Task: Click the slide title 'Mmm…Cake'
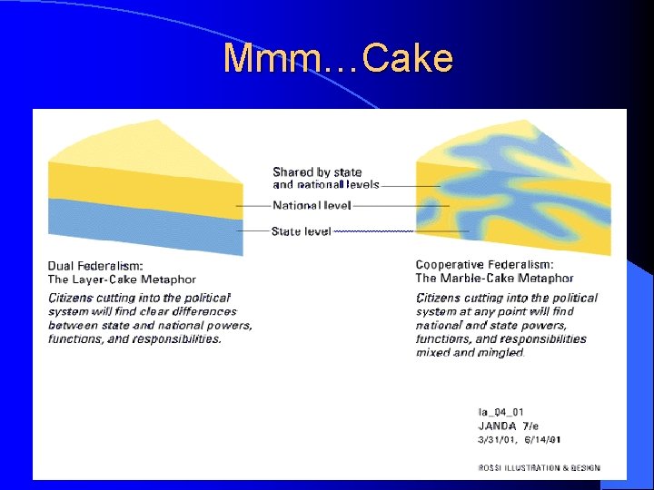[338, 59]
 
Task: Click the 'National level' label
[312, 206]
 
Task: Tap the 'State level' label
[301, 231]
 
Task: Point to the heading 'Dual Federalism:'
[95, 266]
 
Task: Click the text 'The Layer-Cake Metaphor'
[122, 279]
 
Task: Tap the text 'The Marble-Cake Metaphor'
[494, 279]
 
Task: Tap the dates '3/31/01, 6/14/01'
[519, 440]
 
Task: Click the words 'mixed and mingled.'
[470, 353]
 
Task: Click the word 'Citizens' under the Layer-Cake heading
[70, 298]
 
